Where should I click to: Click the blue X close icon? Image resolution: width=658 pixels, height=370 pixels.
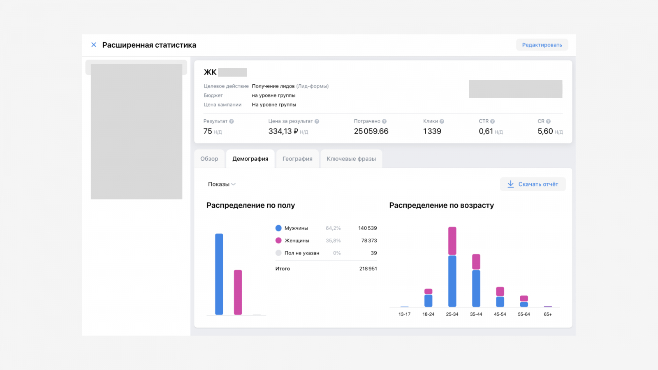pos(94,45)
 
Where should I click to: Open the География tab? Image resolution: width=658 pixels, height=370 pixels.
pos(297,159)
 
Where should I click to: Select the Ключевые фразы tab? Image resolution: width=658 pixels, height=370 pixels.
pos(351,159)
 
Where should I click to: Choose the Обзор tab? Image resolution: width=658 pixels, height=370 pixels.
pos(209,159)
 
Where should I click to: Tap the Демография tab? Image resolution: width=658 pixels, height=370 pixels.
pos(250,159)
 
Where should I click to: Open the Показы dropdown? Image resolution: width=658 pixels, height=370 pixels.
pos(222,184)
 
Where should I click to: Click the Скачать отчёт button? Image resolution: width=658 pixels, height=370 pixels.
pos(533,184)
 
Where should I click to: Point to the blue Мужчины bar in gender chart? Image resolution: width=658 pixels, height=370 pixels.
pos(219,274)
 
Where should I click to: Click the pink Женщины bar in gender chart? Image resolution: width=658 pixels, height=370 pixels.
pos(238,292)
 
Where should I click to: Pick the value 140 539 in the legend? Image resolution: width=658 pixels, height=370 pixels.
pos(367,228)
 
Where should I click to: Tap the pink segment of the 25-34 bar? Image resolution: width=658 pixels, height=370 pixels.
pos(452,241)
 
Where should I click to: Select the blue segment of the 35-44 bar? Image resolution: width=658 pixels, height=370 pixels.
pos(476,288)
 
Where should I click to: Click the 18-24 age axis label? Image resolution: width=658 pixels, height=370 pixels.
pos(428,314)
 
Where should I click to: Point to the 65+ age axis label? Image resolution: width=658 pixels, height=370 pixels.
pos(548,314)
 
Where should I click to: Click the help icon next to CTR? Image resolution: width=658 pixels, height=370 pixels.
pos(493,121)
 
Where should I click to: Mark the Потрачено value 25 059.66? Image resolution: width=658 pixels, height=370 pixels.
pos(371,131)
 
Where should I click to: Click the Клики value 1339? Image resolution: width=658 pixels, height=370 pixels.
pos(432,131)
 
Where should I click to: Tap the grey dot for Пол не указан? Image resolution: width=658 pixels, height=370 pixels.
pos(278,253)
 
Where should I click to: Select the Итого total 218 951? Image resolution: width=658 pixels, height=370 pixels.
pos(368,268)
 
